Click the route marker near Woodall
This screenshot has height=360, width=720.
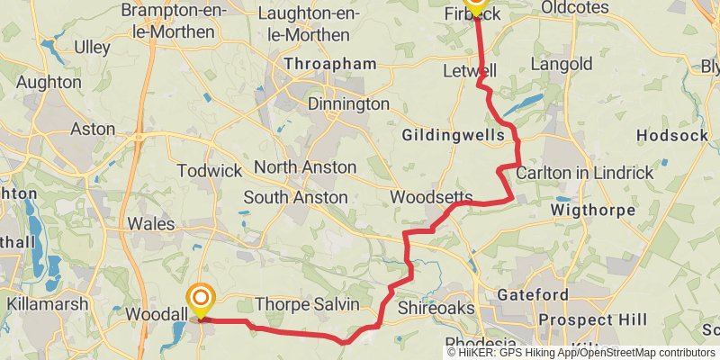200,300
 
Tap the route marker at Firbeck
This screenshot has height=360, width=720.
475,4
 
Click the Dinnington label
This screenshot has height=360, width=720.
348,104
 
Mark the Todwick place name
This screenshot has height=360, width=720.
210,170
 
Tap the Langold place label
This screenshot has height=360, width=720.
562,65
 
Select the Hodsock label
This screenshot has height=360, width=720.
667,136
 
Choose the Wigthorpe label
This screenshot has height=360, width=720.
590,211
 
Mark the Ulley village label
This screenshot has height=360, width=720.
92,47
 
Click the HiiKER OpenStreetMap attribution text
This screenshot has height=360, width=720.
582,352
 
